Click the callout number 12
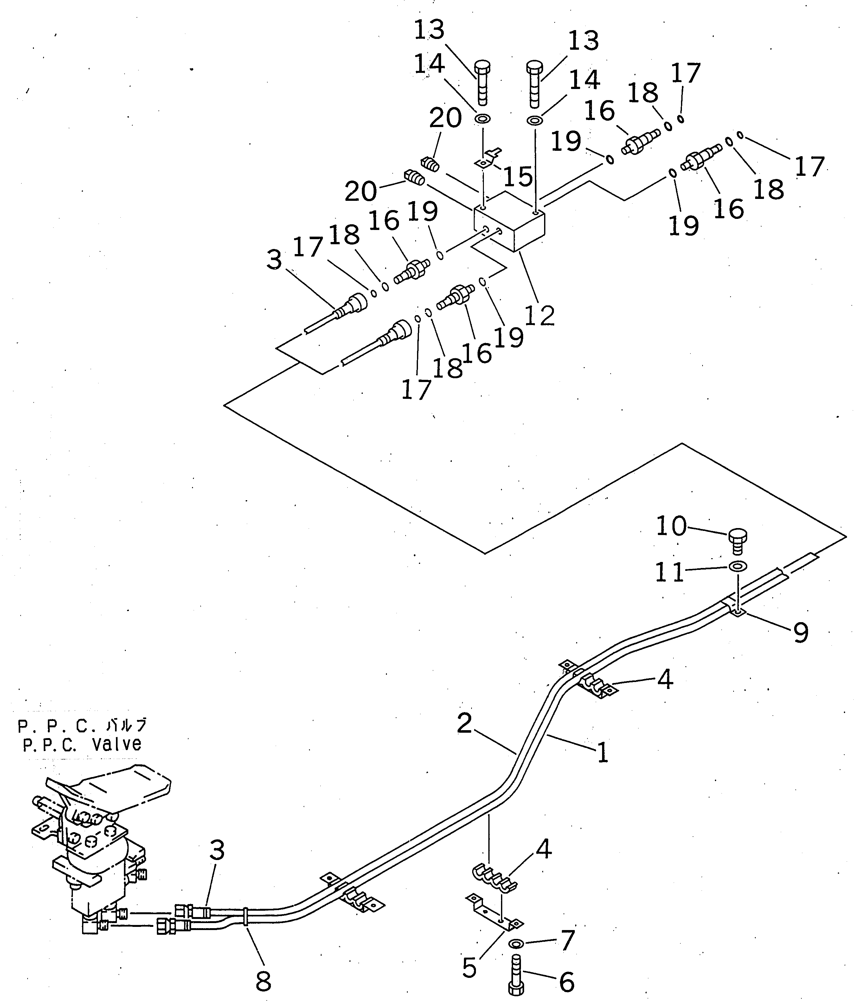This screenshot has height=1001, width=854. point(539,316)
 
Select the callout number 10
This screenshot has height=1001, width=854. point(671,526)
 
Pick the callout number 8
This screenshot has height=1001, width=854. point(263,981)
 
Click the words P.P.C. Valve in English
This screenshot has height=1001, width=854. point(82,744)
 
